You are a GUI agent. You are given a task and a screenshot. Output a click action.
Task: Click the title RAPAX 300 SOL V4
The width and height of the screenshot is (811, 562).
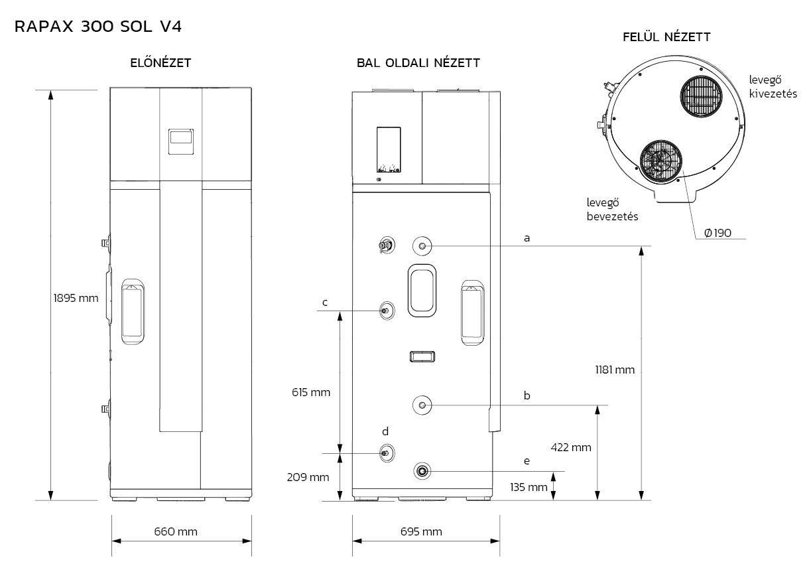click(x=97, y=27)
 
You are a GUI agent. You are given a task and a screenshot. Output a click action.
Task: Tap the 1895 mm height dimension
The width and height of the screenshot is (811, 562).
click(x=76, y=298)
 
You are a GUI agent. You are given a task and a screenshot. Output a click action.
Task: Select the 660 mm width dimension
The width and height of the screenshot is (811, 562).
click(x=176, y=531)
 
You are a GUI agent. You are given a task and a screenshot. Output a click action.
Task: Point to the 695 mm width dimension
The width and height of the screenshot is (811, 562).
click(x=421, y=531)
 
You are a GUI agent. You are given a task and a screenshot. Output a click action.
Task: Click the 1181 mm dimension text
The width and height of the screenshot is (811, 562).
click(x=615, y=370)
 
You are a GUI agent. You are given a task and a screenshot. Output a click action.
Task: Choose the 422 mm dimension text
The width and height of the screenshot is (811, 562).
click(x=571, y=447)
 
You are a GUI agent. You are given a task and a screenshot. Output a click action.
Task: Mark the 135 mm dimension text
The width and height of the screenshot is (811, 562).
click(x=529, y=488)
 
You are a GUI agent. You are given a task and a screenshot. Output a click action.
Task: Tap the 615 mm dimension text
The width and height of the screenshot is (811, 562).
click(x=311, y=392)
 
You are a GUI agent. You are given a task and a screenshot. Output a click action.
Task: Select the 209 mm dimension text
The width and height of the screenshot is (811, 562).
click(x=308, y=477)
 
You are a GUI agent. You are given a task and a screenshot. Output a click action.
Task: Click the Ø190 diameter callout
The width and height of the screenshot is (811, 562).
click(x=717, y=233)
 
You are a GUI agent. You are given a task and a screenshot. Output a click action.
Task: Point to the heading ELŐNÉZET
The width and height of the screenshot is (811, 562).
click(x=160, y=62)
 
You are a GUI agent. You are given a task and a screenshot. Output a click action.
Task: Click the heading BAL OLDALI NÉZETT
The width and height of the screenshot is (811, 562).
click(x=418, y=62)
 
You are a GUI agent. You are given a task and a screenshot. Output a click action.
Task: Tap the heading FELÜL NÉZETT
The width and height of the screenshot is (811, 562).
click(x=666, y=37)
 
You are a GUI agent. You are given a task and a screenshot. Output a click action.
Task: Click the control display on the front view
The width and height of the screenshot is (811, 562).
click(x=181, y=142)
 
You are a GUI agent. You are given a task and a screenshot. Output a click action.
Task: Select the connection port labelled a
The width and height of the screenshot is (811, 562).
click(x=422, y=246)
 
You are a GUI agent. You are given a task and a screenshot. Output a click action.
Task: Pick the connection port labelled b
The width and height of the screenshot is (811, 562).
click(x=422, y=405)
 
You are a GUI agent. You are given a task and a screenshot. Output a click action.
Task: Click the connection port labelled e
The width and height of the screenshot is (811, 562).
click(x=422, y=471)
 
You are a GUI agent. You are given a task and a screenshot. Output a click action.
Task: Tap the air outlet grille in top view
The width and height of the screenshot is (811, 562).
click(x=701, y=96)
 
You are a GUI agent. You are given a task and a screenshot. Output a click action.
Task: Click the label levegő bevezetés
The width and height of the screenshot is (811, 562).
click(x=612, y=210)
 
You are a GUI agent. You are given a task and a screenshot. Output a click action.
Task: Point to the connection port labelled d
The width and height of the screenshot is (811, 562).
click(x=387, y=453)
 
